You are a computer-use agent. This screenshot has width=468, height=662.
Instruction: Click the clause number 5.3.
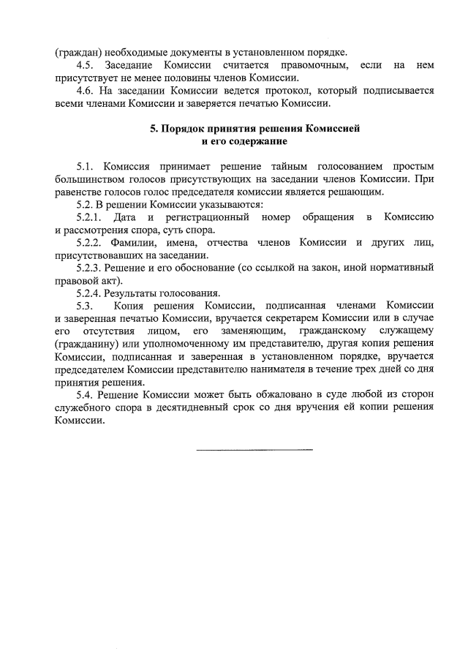pos(86,306)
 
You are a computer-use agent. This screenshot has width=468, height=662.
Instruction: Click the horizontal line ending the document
pos(254,448)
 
